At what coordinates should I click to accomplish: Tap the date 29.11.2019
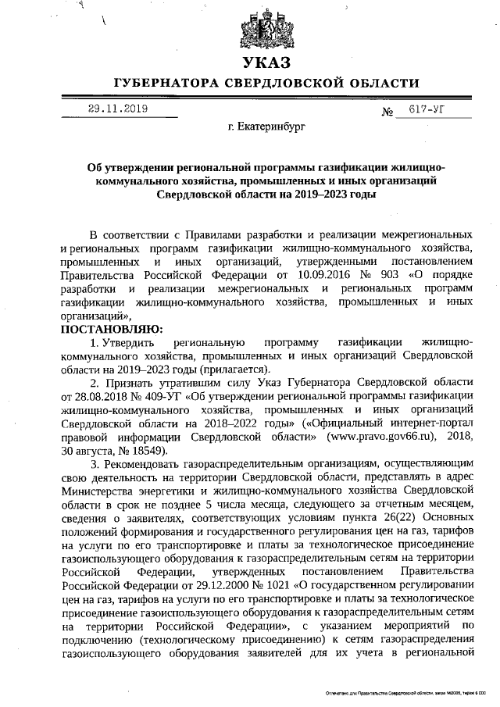(117, 111)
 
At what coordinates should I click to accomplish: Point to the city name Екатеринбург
(267, 125)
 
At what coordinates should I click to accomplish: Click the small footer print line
(405, 693)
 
